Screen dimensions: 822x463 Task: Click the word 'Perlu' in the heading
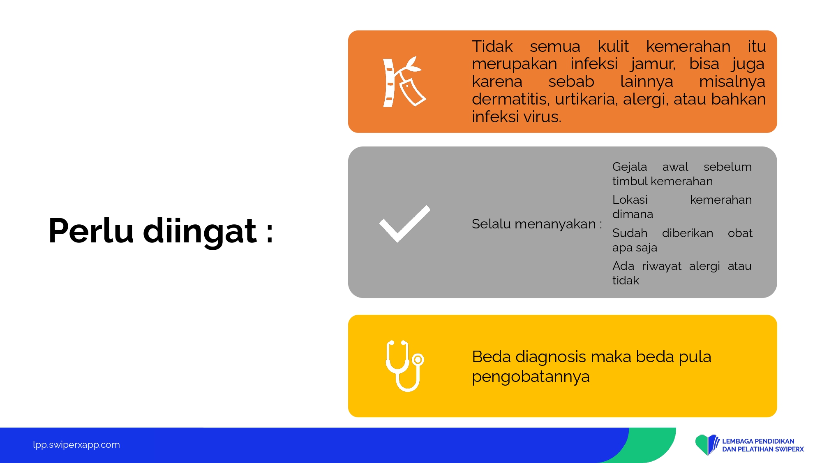coord(91,231)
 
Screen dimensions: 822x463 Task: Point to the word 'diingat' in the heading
coord(200,232)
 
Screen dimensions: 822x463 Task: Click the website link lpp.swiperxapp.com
coord(76,445)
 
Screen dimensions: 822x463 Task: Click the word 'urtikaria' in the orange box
coord(586,99)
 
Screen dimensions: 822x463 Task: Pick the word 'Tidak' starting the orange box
coord(492,47)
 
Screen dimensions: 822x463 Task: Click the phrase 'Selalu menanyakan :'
coord(537,224)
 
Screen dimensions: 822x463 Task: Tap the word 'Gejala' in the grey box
coord(630,167)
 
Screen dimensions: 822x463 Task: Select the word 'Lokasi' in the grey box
coord(630,200)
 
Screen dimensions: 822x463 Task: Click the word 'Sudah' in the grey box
coord(630,233)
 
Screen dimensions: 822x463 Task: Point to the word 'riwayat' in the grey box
coord(662,266)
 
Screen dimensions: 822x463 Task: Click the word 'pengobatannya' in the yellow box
coord(531,377)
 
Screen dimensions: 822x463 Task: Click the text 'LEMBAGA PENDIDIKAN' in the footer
coord(758,441)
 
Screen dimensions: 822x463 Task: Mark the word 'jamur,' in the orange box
coord(653,64)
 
